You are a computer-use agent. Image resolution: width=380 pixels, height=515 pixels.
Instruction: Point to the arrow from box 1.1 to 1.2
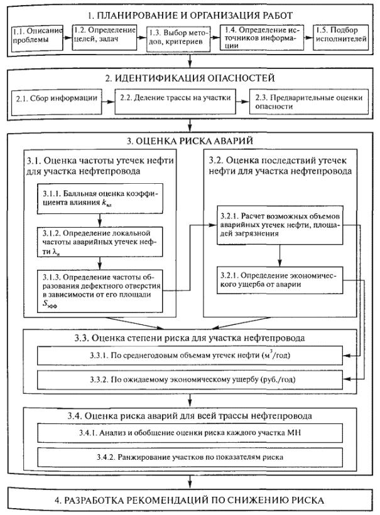[68, 36]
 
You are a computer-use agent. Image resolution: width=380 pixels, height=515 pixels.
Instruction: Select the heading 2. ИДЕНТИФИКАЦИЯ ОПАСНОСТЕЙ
[188, 80]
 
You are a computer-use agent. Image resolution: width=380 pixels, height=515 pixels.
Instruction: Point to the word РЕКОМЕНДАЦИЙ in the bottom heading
[180, 501]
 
